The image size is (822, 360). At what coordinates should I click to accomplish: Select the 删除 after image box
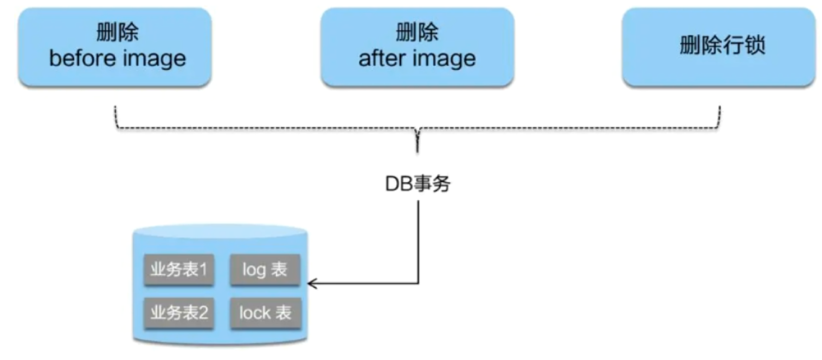417,47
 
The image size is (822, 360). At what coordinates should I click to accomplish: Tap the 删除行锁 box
719,47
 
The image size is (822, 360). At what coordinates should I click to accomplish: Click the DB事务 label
418,184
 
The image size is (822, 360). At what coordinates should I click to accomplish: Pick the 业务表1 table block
179,269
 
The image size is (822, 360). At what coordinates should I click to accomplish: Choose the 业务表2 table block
179,313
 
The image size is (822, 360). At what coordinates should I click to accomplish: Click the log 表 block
265,269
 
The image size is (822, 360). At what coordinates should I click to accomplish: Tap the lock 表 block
265,313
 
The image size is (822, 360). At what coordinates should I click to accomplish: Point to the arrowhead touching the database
311,283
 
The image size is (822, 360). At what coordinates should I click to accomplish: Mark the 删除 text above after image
417,34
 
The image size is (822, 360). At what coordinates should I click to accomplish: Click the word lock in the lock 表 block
254,313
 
